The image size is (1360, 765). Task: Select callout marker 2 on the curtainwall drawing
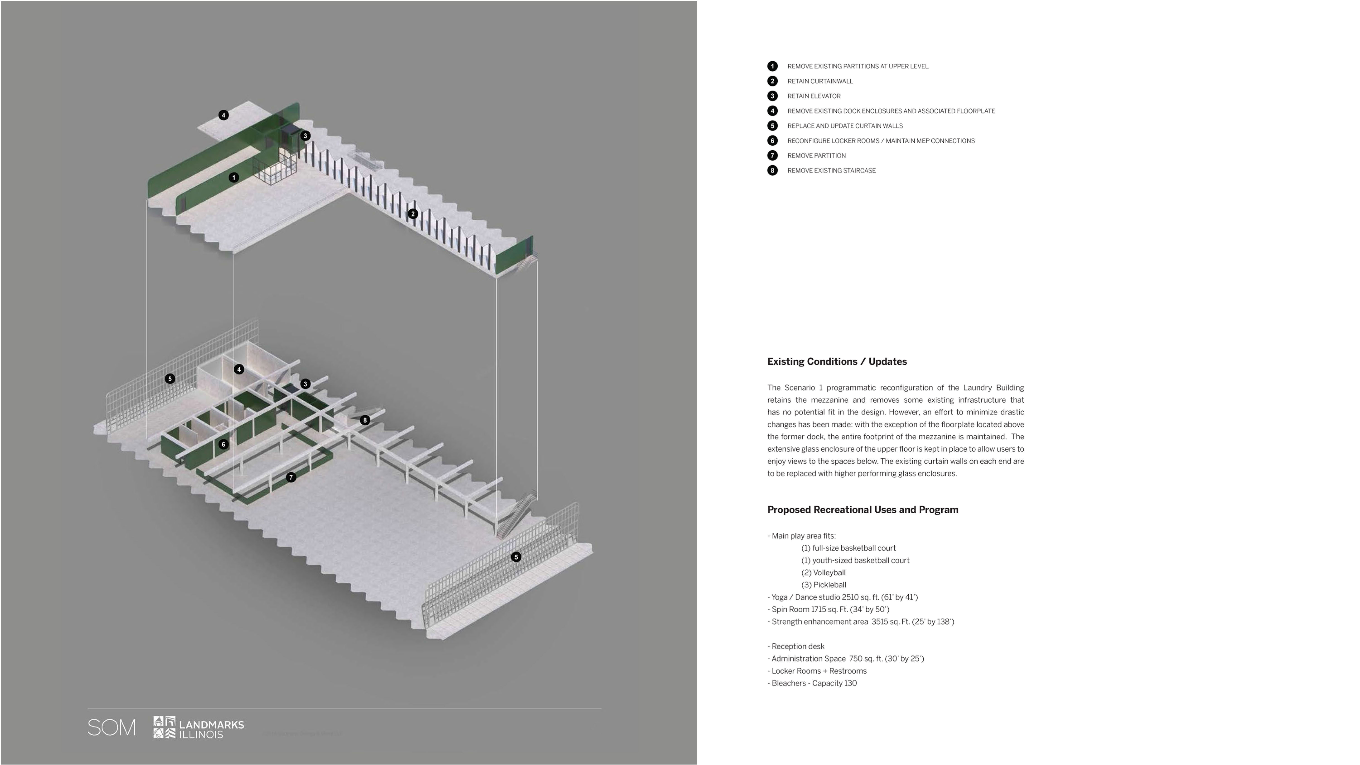point(413,214)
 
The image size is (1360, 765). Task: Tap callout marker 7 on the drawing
point(291,477)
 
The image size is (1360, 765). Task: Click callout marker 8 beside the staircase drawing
point(365,420)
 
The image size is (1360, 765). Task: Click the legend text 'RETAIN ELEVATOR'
point(814,96)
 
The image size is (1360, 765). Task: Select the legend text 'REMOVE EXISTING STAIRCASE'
point(831,170)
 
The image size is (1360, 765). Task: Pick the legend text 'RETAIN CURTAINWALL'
point(820,81)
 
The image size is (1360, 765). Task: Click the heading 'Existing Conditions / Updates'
point(837,361)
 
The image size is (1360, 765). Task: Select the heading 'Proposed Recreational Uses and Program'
point(862,510)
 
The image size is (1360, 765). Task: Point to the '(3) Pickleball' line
point(824,585)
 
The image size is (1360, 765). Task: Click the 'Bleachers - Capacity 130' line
point(814,683)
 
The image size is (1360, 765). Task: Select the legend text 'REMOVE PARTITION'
point(816,156)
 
